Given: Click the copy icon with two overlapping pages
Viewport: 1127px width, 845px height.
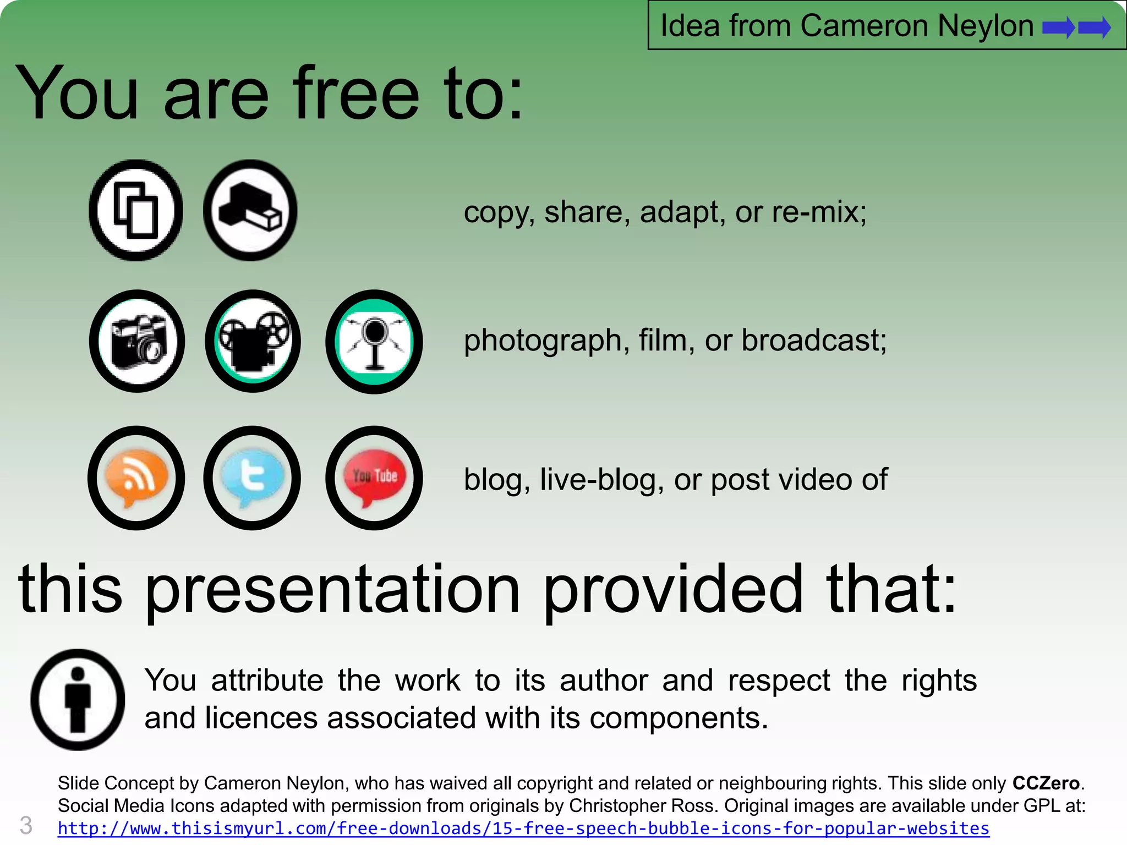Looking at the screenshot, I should (136, 210).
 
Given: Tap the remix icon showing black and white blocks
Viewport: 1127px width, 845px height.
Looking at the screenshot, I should (250, 210).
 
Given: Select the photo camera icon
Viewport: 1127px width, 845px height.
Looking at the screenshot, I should (137, 341).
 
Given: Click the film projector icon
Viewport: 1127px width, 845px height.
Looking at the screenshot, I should (253, 341).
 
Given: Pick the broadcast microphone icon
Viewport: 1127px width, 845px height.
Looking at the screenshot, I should (374, 341).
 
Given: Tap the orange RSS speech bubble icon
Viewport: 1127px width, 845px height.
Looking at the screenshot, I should (136, 478).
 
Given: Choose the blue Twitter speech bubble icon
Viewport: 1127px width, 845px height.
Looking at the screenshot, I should (252, 478).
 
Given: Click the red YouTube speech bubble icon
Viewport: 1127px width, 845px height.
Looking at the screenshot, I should (374, 478).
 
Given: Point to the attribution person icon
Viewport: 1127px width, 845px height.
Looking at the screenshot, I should (78, 699).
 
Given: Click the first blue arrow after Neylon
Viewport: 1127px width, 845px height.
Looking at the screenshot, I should (1058, 27).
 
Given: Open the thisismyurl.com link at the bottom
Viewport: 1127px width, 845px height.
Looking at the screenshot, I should (523, 828).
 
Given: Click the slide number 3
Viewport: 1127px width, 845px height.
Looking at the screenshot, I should (26, 826).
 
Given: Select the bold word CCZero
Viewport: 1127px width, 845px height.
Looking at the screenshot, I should (1046, 783).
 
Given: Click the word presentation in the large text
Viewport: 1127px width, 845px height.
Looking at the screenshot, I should (332, 590).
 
